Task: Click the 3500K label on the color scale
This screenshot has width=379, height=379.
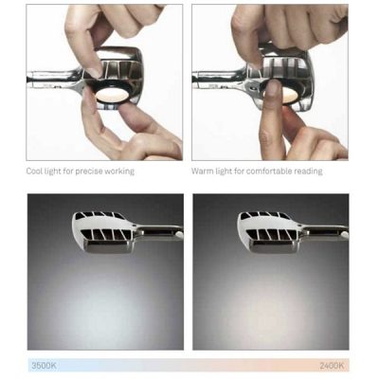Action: click(x=44, y=366)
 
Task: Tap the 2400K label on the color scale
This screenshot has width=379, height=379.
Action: click(x=332, y=366)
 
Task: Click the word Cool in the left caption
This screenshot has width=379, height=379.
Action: click(x=34, y=171)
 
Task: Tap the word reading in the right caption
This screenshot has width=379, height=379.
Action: click(x=308, y=171)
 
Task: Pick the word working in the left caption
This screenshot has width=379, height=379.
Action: click(x=119, y=171)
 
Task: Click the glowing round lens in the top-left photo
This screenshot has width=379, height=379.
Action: click(x=111, y=95)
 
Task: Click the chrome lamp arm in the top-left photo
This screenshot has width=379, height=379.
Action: click(x=54, y=78)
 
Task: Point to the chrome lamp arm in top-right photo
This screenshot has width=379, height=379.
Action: click(x=220, y=78)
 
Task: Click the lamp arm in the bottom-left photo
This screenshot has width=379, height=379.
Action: click(x=160, y=231)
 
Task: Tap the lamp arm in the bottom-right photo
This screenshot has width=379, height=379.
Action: click(x=325, y=231)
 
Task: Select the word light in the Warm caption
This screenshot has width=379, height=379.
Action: click(x=223, y=171)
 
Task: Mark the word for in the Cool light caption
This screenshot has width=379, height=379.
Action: click(x=67, y=171)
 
